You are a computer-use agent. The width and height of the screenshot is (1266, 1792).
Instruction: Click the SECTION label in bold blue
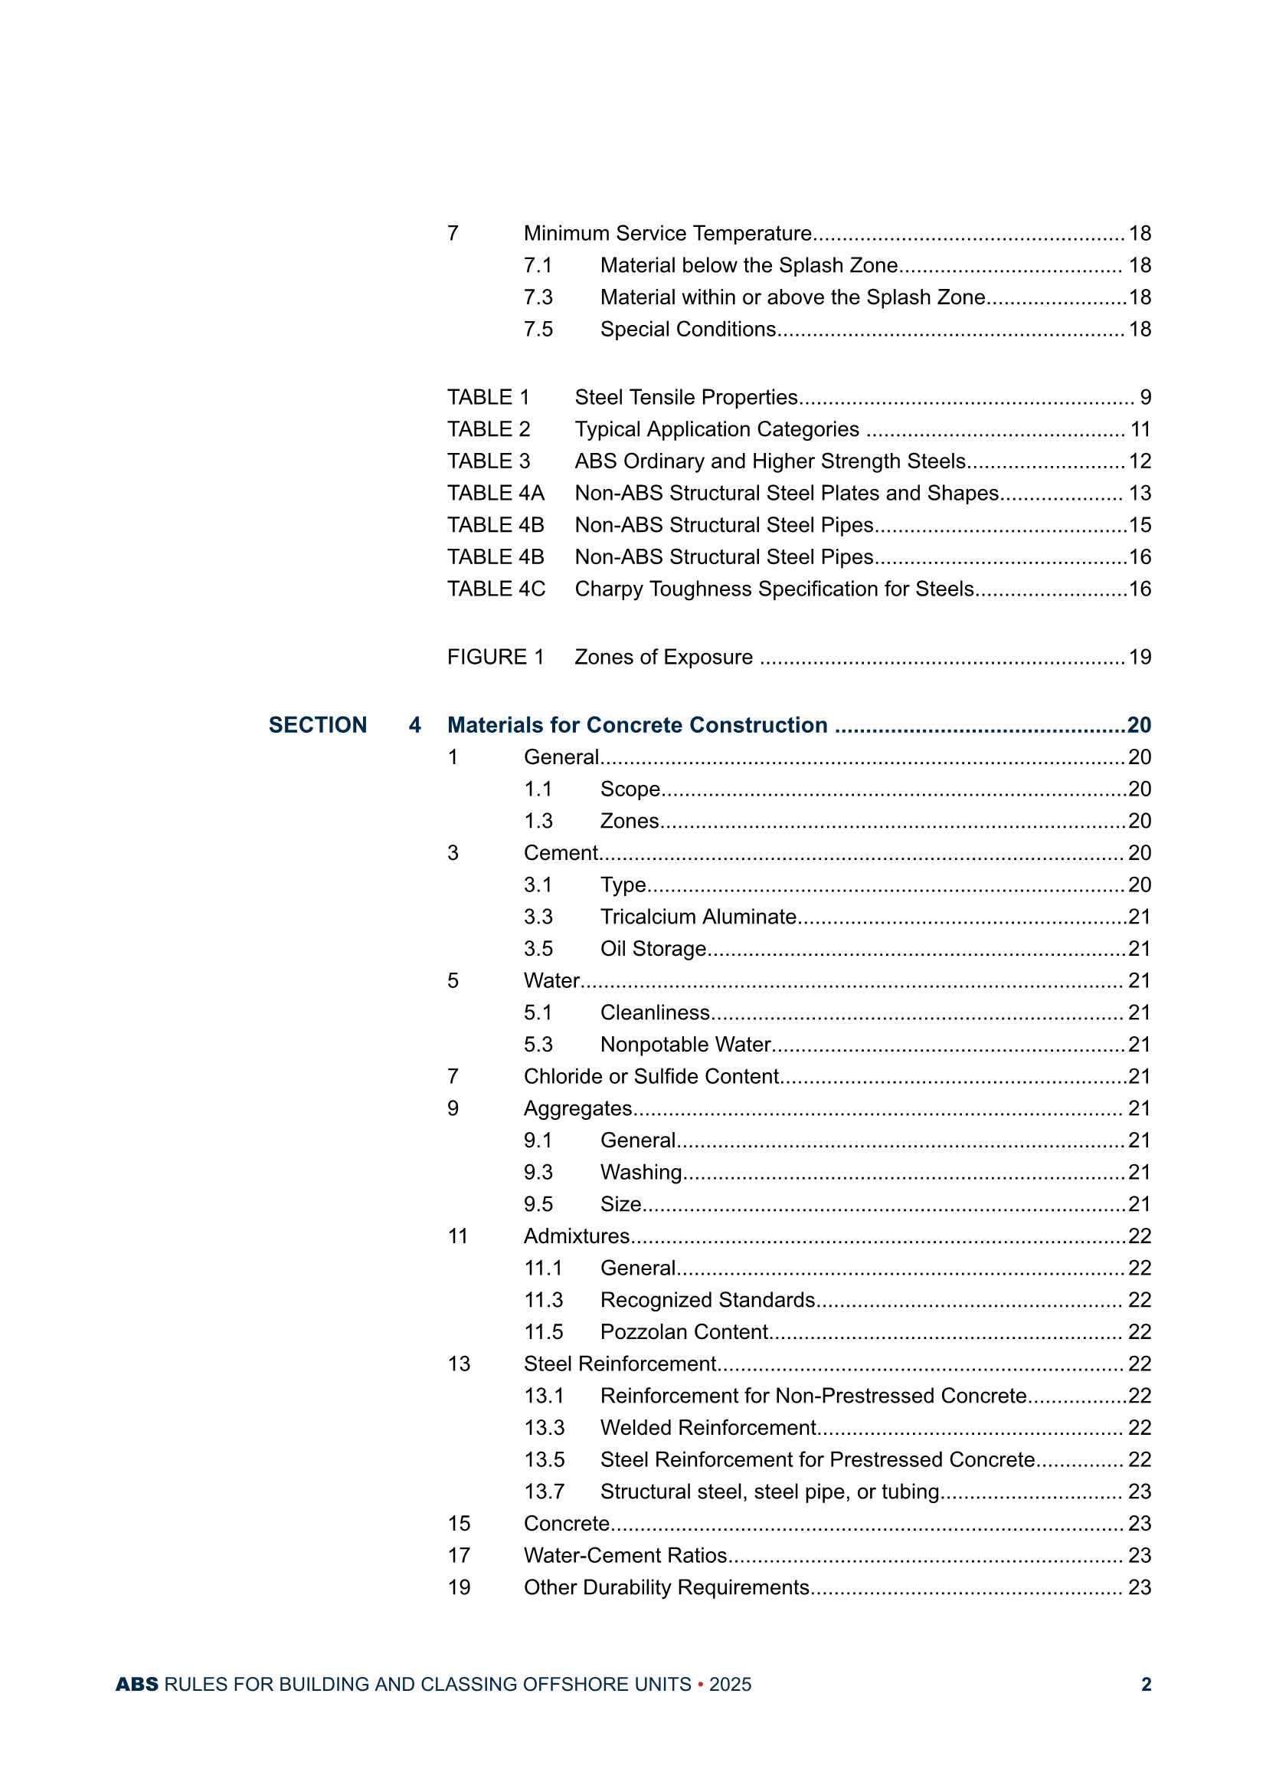[318, 725]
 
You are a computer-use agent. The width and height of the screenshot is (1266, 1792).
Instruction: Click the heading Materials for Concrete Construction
[636, 725]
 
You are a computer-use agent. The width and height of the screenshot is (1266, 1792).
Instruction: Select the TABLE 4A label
[496, 494]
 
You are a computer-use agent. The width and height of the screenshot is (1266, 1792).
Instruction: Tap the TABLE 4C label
[496, 589]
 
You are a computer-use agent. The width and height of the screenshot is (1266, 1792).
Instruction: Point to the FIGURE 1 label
[496, 657]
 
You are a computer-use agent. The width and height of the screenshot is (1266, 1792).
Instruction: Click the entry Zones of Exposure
[663, 657]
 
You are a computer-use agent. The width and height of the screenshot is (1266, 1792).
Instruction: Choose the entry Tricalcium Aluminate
[698, 916]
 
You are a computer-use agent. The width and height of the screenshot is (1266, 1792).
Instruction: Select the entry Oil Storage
[653, 948]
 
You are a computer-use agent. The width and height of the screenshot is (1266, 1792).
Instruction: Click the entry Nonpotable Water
[685, 1044]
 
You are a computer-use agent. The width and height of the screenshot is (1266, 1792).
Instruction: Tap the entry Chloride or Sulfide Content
[651, 1076]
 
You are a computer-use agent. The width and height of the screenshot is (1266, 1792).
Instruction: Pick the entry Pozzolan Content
[684, 1331]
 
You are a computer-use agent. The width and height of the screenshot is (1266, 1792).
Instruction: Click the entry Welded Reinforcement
[708, 1427]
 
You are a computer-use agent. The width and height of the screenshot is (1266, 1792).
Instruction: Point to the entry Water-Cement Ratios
[625, 1555]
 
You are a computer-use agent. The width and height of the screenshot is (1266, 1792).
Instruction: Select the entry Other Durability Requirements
[666, 1587]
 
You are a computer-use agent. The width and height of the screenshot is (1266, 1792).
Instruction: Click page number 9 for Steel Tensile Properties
[1145, 397]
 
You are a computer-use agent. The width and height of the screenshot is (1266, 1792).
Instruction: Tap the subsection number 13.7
[544, 1492]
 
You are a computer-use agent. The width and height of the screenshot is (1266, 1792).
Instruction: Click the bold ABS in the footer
[136, 1684]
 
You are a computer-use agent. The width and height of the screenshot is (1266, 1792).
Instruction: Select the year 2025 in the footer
[729, 1684]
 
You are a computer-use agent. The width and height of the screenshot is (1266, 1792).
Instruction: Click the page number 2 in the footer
[1146, 1684]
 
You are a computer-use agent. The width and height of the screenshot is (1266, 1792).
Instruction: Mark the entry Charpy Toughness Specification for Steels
[774, 589]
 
